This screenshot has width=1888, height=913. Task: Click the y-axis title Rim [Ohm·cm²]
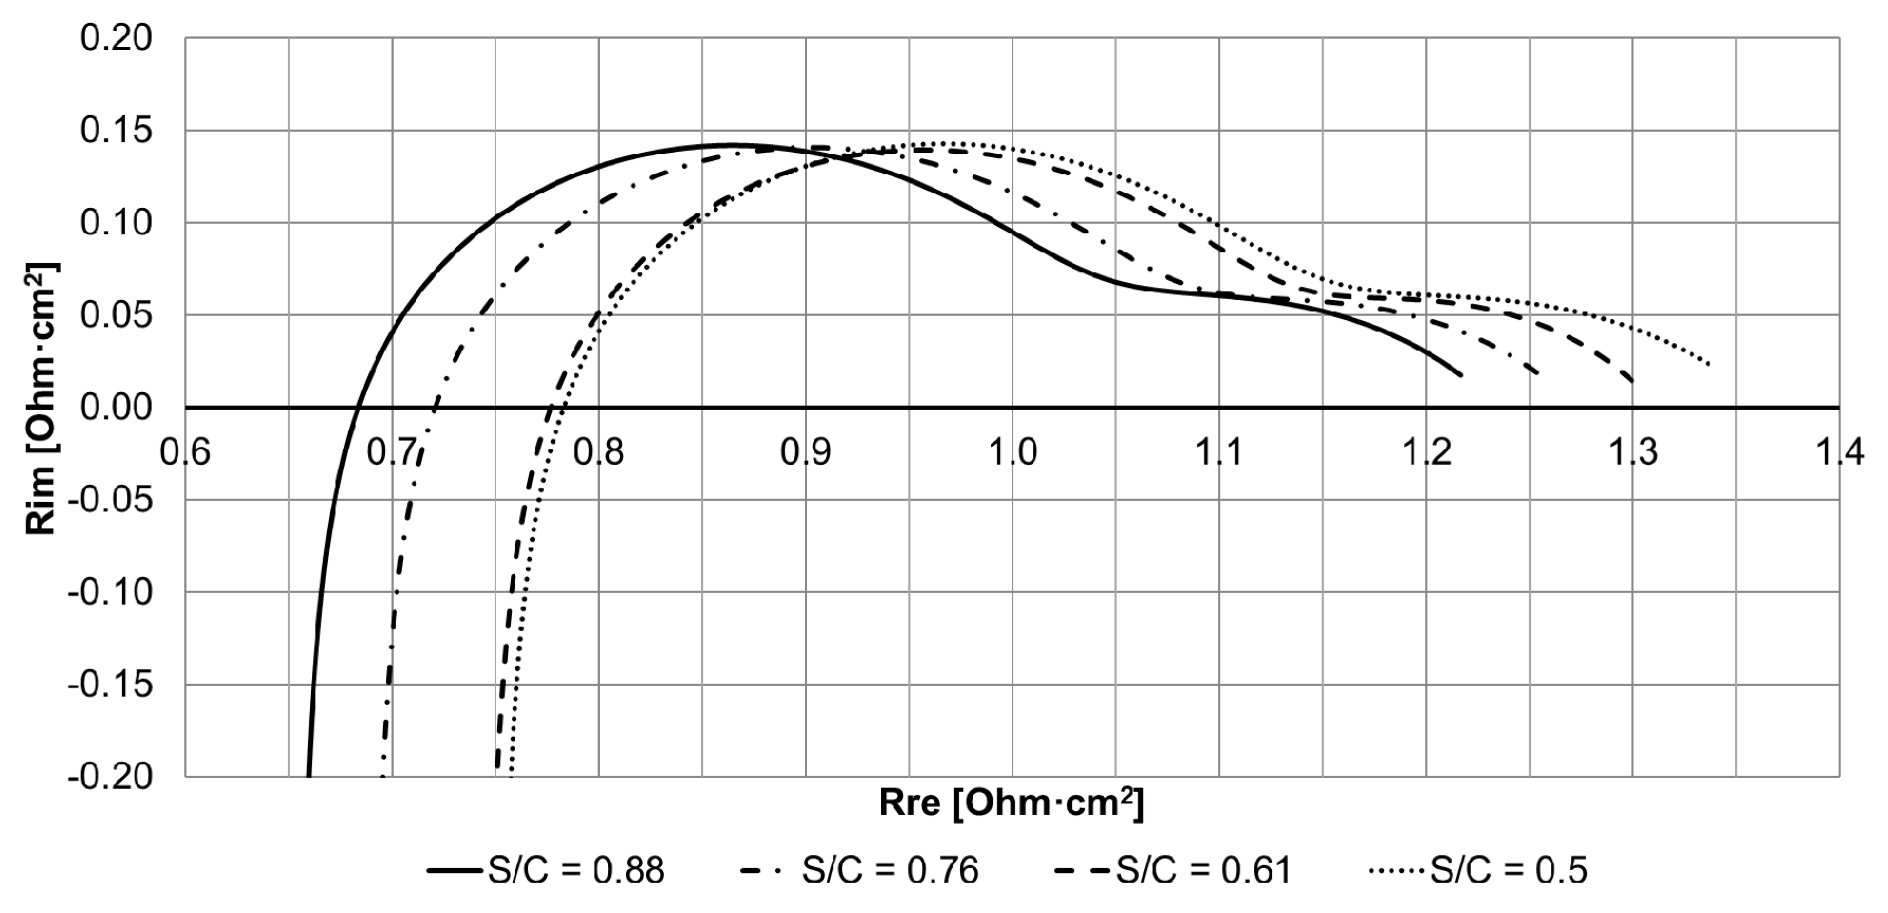42,400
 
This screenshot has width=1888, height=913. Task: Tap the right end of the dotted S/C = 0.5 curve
1709,364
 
